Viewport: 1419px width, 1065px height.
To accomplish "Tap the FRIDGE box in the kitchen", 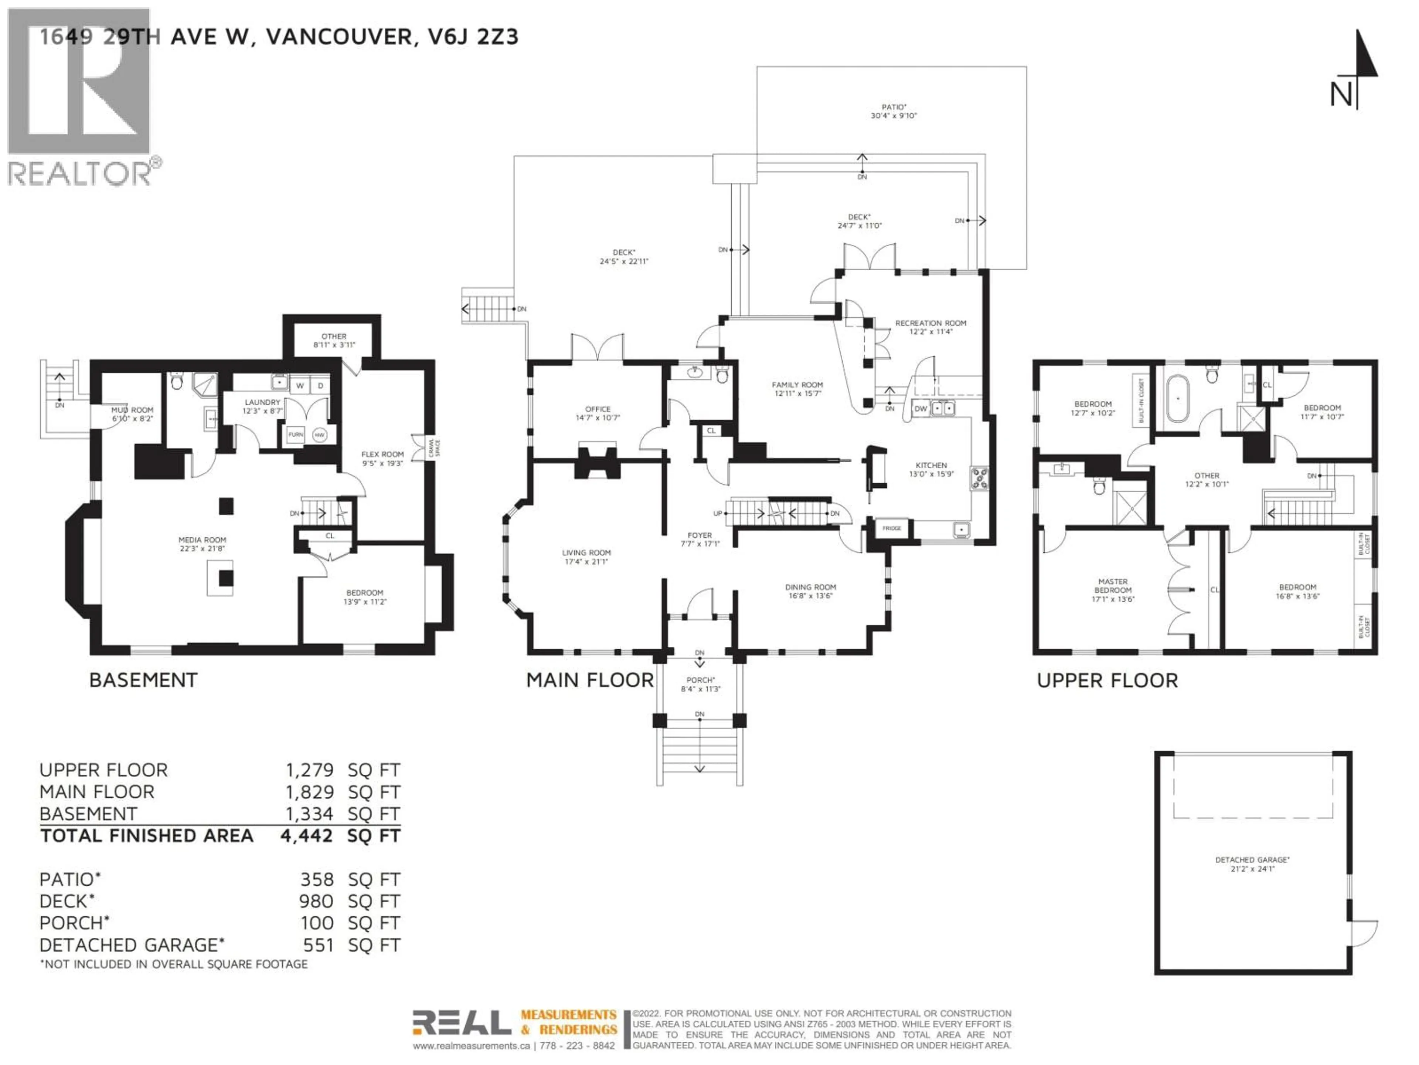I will point(892,528).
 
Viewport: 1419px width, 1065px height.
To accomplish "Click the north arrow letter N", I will point(1341,96).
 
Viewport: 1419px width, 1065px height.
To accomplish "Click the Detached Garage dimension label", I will point(1252,864).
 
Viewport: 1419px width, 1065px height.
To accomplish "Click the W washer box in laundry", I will point(300,386).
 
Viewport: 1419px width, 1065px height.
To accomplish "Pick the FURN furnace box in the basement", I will point(295,435).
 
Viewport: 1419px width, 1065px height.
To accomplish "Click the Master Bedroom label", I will point(1113,590).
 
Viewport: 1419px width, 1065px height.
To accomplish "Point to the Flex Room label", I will point(382,458).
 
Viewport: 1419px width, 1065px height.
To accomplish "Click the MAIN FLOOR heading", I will point(589,680).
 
